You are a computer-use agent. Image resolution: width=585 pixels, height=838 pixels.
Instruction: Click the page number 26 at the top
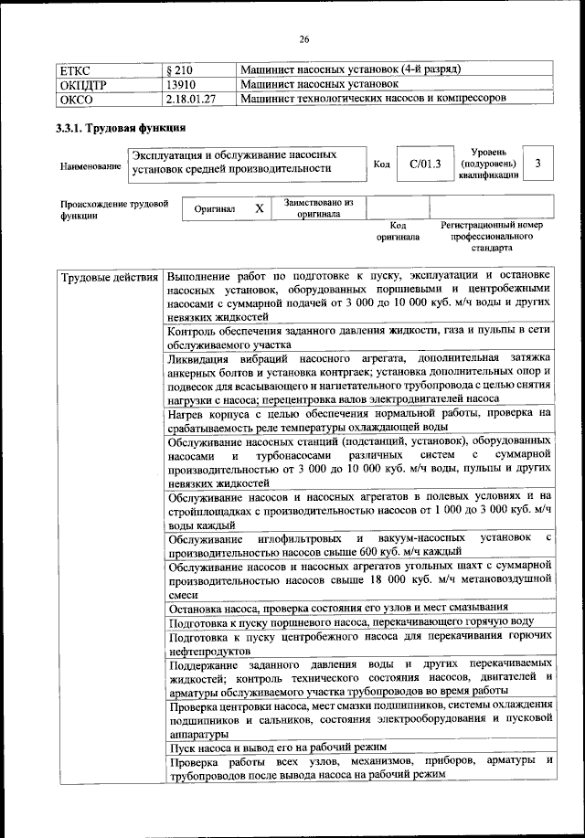coord(305,38)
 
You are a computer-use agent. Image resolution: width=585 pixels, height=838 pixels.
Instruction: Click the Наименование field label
coord(90,166)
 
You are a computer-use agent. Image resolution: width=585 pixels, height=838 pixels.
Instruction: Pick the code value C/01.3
coord(425,164)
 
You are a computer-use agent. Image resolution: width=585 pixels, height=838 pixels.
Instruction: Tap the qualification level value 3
coord(539,164)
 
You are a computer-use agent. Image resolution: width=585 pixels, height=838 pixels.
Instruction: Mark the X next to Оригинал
coord(260,208)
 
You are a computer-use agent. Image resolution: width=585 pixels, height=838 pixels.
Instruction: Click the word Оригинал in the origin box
coord(215,209)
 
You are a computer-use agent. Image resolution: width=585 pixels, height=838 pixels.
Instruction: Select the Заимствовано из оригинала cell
coord(319,208)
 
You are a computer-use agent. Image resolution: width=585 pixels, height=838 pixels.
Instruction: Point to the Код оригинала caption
coord(398,230)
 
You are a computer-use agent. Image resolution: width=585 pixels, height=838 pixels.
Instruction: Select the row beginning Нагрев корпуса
coord(358,419)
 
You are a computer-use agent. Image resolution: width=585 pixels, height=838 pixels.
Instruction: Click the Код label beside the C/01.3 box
coord(382,164)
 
